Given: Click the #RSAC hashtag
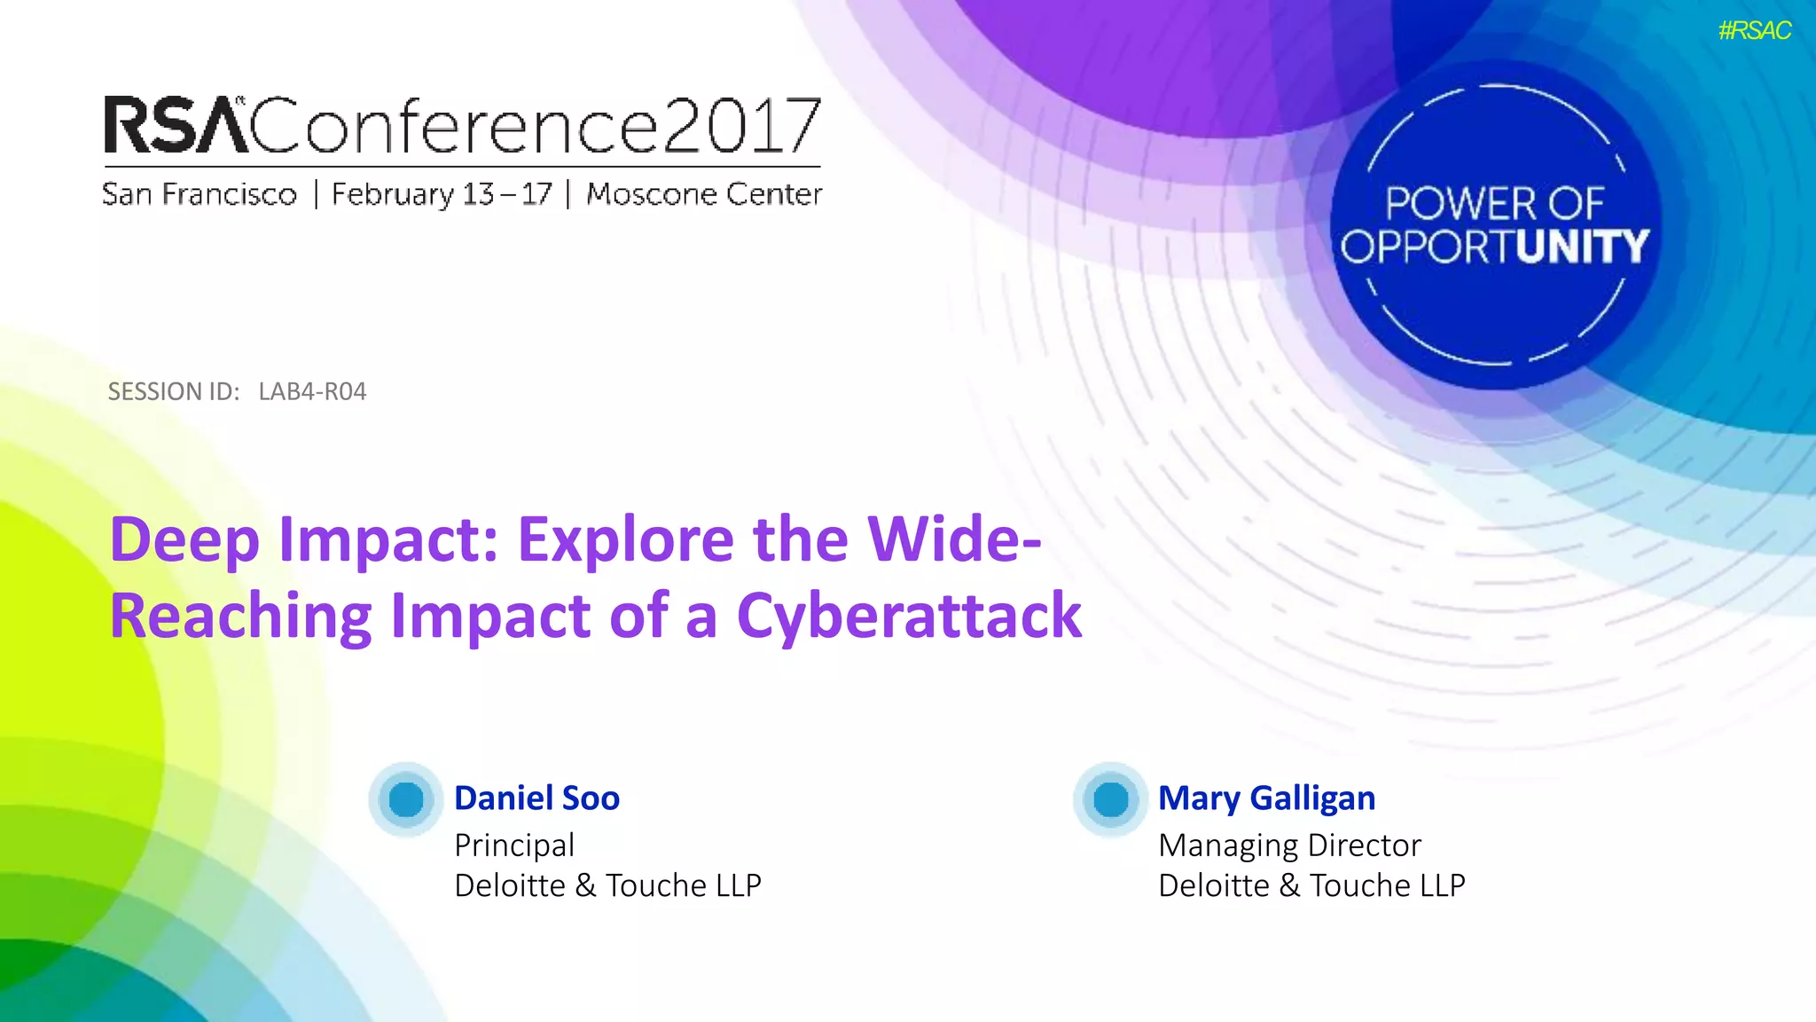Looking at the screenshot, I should point(1754,31).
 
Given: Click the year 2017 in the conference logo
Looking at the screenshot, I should point(740,126).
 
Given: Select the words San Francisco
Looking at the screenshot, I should point(200,194).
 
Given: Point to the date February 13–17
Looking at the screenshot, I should point(442,194).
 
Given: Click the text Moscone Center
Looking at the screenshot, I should point(704,194).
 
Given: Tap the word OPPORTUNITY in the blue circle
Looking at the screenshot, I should point(1494,247).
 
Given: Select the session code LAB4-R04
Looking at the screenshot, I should point(312,391).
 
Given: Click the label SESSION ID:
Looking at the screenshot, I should point(174,391).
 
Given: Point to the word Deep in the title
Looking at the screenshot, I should point(184,539).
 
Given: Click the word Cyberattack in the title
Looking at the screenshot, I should point(909,616).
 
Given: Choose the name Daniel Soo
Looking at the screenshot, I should point(536,798).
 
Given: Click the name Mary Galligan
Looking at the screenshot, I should point(1266,798).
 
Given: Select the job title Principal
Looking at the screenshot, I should point(514,845).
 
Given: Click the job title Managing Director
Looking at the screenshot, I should point(1289,845).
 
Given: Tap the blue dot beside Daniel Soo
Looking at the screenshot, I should point(406,799).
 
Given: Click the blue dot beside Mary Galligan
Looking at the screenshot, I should point(1110,799).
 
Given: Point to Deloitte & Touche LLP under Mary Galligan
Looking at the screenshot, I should point(1311,885).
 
